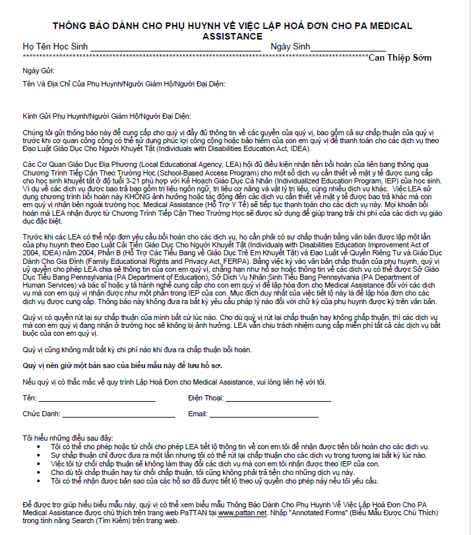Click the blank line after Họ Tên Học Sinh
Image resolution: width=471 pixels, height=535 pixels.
[175, 49]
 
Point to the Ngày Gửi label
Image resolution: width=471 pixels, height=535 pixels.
[38, 70]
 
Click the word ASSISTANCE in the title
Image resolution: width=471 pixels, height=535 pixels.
[232, 36]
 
